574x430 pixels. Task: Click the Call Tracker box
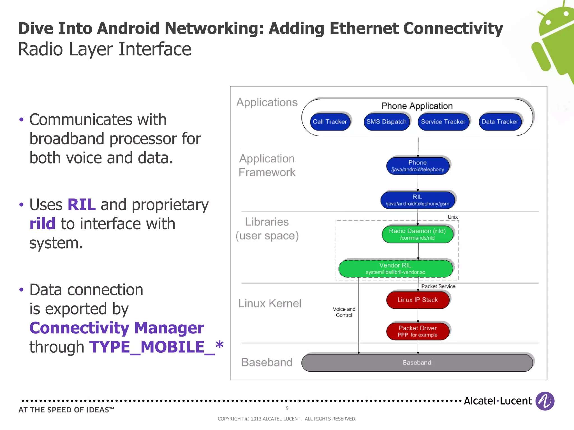(x=330, y=122)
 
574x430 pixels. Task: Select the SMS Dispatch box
(x=386, y=122)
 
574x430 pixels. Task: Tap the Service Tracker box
(x=443, y=122)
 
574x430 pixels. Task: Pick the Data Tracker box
(x=500, y=122)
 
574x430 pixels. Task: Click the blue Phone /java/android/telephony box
(x=418, y=166)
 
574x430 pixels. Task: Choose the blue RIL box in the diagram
(x=417, y=200)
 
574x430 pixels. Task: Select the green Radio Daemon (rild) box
(x=417, y=234)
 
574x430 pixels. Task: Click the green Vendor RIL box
(x=395, y=268)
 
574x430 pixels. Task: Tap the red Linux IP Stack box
(x=417, y=300)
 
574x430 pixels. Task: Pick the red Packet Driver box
(x=417, y=331)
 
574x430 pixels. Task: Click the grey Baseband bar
(x=417, y=363)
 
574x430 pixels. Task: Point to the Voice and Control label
(x=344, y=312)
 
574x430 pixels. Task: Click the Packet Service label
(x=438, y=286)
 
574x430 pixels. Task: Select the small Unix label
(x=452, y=217)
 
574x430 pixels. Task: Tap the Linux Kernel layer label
(x=270, y=303)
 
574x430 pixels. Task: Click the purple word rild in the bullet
(x=42, y=224)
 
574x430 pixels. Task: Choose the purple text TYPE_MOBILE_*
(x=156, y=347)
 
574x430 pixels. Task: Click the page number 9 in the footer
(x=287, y=408)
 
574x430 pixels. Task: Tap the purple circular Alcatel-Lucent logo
(x=545, y=401)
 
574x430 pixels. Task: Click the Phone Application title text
(x=417, y=106)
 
